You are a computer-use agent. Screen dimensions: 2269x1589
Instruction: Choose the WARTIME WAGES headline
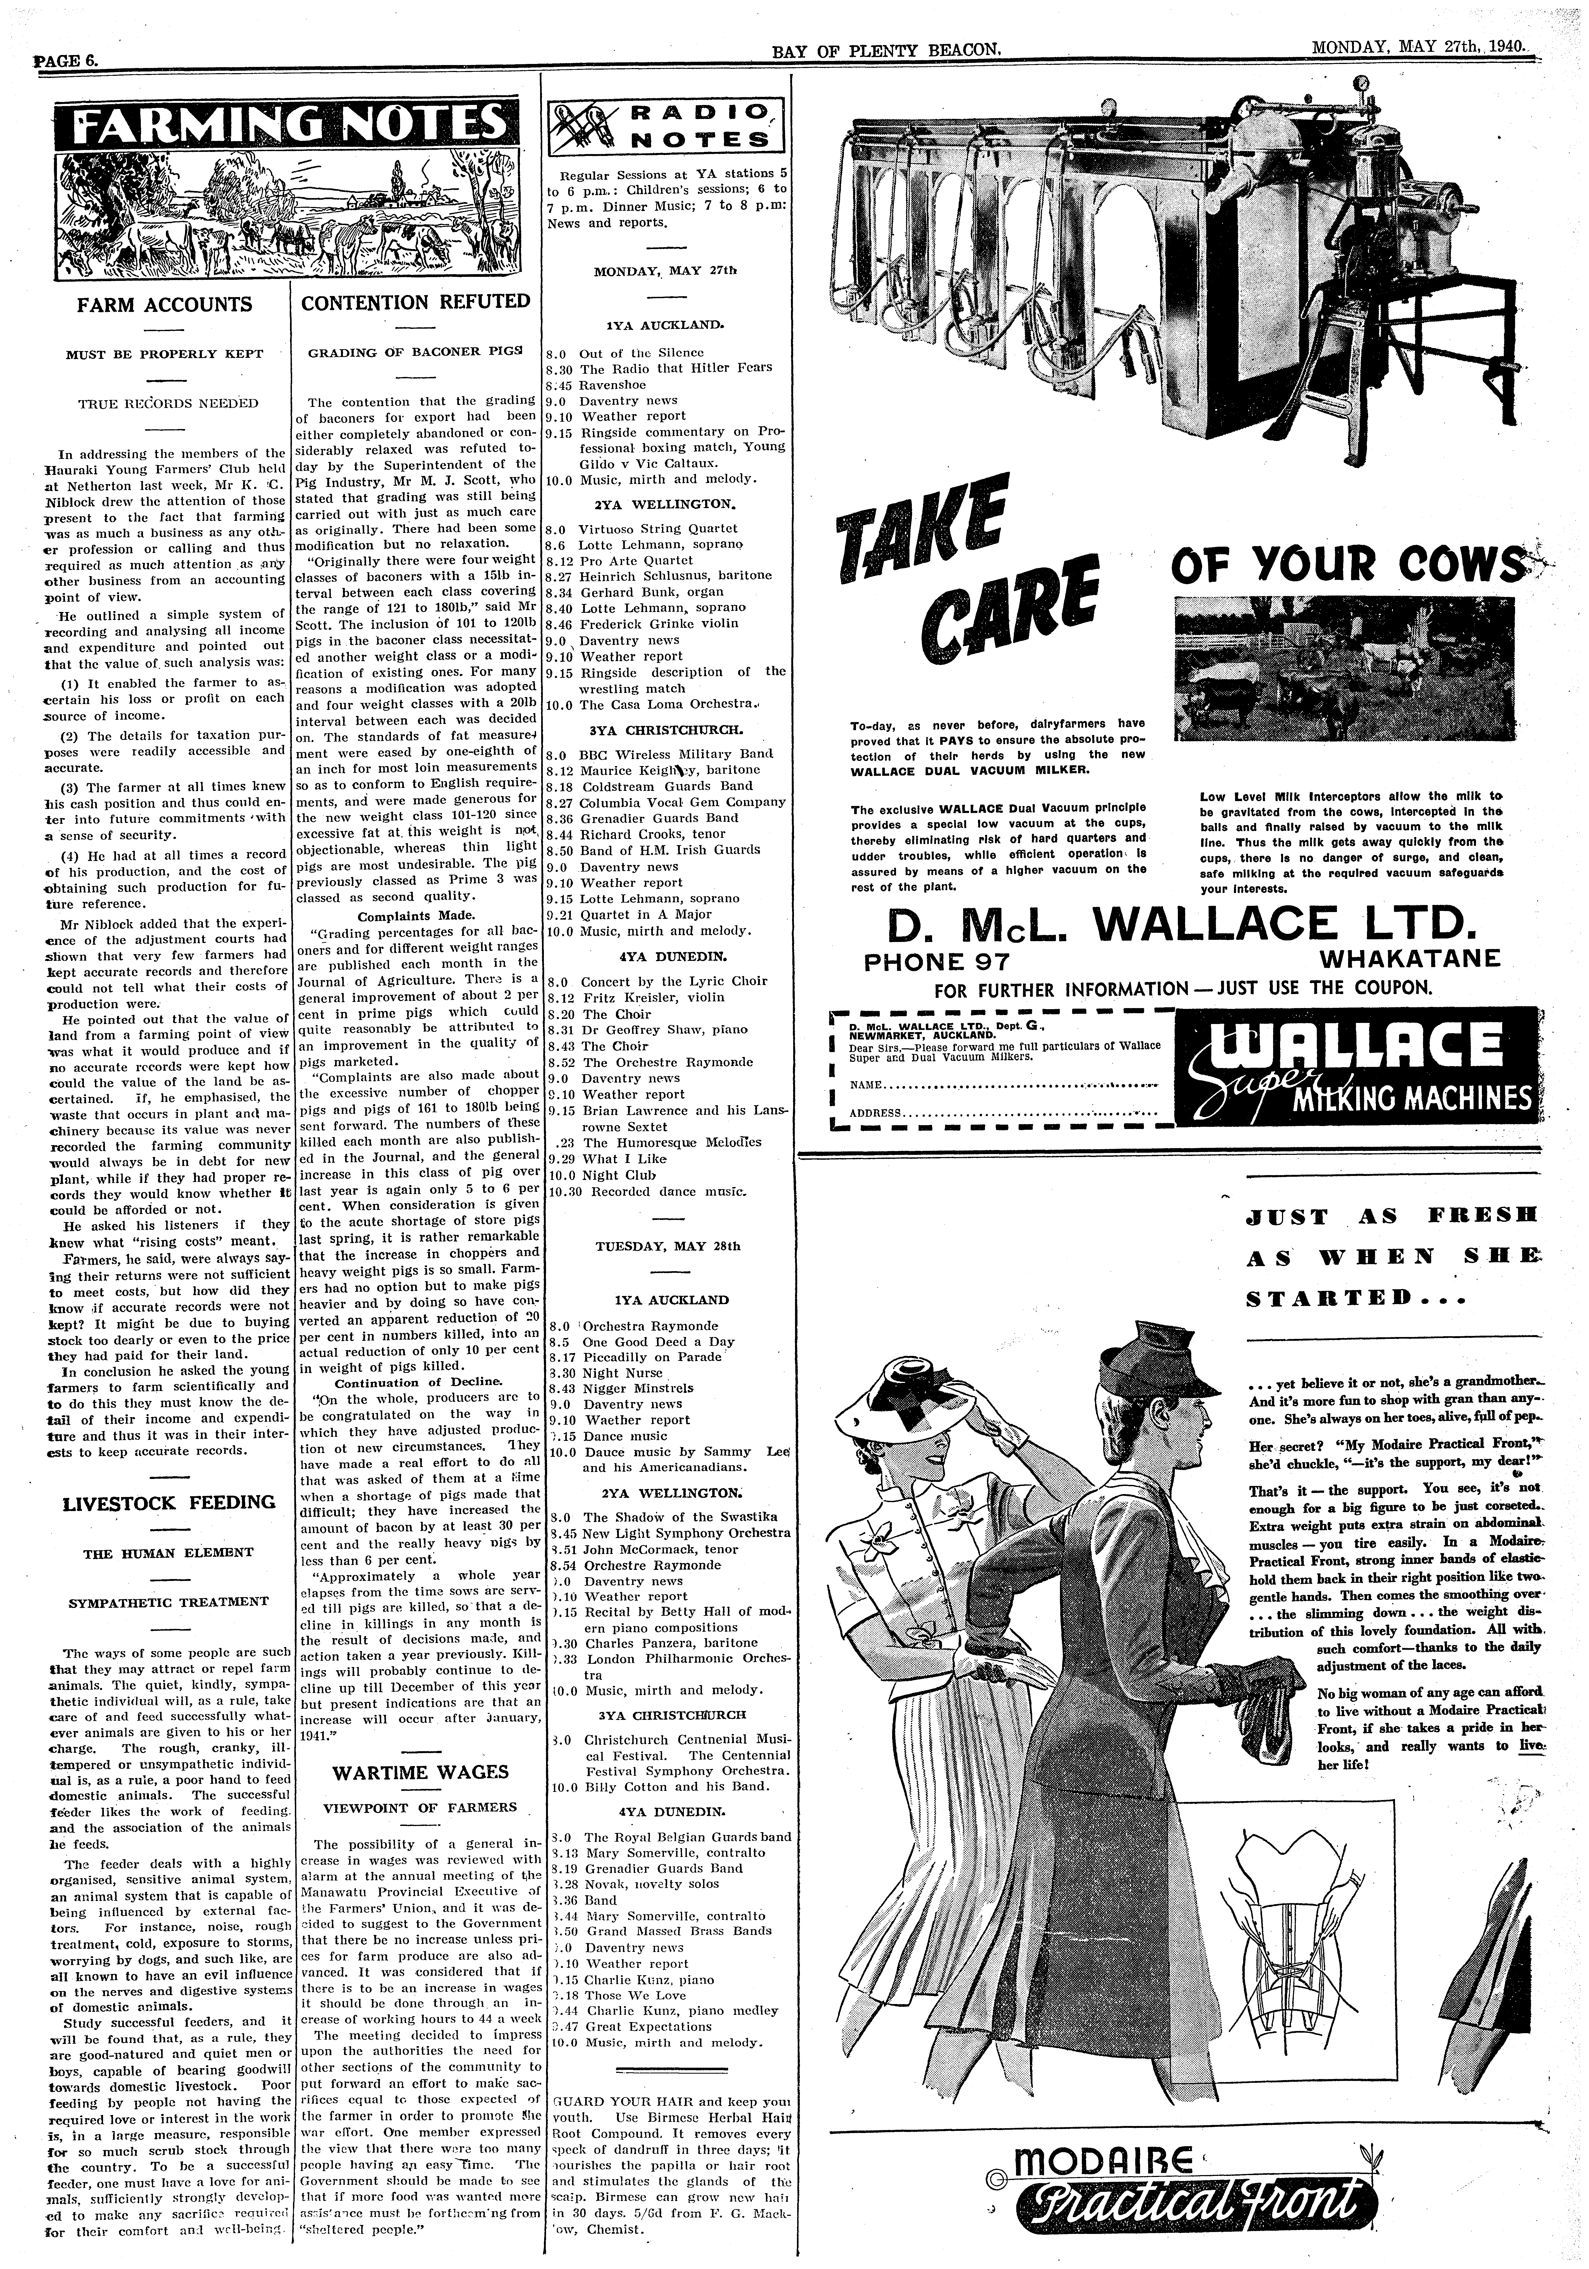[x=420, y=1772]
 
